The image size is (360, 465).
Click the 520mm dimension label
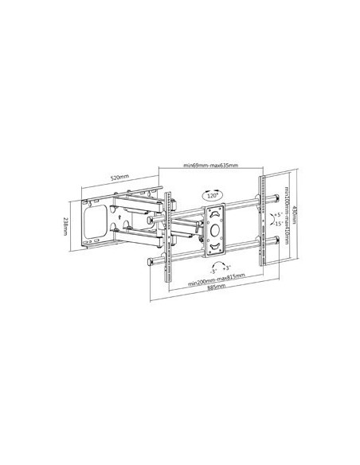pos(121,177)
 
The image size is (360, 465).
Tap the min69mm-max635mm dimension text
pos(210,166)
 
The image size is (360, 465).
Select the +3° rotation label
pos(226,268)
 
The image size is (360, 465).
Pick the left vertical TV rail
pos(167,239)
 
